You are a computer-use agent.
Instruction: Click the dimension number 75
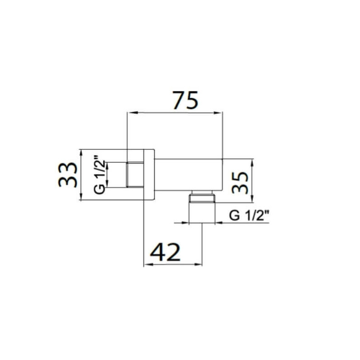[x=185, y=100]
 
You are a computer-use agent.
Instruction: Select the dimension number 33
[x=68, y=175]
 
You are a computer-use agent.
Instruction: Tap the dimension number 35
[x=240, y=183]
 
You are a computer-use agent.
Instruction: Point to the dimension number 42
[x=165, y=252]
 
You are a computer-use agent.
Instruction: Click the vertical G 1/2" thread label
[x=99, y=175]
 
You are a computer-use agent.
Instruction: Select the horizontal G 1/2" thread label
[x=249, y=216]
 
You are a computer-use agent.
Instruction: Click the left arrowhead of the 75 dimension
[x=132, y=112]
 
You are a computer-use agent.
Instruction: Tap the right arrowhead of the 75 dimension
[x=218, y=112]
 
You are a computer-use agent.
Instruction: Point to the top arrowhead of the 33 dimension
[x=81, y=154]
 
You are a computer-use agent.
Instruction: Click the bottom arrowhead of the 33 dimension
[x=81, y=196]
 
